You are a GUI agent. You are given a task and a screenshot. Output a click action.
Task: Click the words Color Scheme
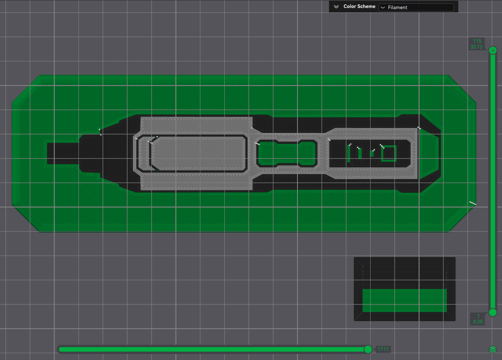click(x=359, y=6)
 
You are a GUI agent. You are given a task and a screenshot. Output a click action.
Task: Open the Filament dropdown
click(x=416, y=7)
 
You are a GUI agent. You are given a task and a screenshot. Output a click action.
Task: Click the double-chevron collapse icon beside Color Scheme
click(x=336, y=6)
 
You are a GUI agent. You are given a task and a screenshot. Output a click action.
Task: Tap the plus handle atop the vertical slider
click(x=493, y=51)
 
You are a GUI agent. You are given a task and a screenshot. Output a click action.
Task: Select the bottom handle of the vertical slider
click(x=493, y=312)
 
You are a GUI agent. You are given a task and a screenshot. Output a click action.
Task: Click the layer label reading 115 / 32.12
click(x=476, y=44)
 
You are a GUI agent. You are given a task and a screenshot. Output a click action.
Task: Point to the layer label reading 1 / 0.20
click(x=478, y=319)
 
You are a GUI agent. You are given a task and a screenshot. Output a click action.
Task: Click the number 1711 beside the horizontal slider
click(x=383, y=349)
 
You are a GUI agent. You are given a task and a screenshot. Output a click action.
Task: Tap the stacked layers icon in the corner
click(x=492, y=349)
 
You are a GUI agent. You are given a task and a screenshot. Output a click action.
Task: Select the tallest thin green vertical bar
click(x=349, y=154)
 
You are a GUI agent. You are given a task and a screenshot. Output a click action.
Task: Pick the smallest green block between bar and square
click(x=372, y=154)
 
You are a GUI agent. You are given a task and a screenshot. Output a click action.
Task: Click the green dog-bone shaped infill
click(x=287, y=154)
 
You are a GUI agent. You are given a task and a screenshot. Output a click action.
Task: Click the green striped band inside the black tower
click(x=404, y=300)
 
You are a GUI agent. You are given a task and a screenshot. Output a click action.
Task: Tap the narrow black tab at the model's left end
click(x=63, y=154)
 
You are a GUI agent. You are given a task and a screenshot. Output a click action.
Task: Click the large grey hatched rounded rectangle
click(x=198, y=154)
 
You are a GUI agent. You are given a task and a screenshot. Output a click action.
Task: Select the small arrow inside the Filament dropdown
click(x=383, y=8)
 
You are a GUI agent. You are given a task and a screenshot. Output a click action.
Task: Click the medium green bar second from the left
click(x=360, y=154)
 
